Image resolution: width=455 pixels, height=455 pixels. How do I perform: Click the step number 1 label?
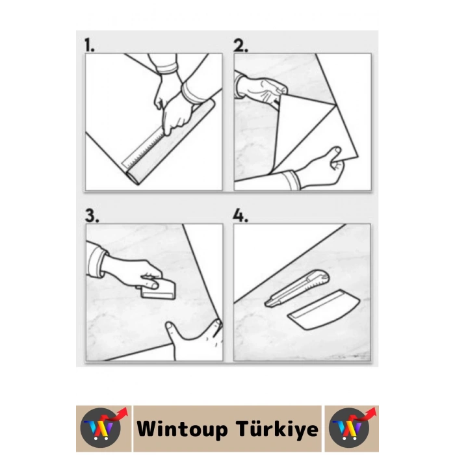coord(89,45)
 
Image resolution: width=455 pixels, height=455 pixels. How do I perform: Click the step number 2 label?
coord(240,45)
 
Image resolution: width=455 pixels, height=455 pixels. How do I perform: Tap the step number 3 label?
coord(92,216)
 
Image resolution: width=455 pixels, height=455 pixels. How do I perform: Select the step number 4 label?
coord(240,216)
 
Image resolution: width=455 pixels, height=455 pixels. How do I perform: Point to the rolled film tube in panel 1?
coord(171,142)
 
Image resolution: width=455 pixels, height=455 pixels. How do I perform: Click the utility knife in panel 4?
coord(297,288)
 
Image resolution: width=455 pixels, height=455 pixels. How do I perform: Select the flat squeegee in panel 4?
coord(324,309)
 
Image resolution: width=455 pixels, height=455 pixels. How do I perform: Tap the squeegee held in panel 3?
coord(158,289)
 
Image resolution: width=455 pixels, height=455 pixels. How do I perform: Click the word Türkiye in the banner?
coord(277,429)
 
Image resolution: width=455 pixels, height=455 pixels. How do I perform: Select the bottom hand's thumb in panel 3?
coord(173,330)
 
